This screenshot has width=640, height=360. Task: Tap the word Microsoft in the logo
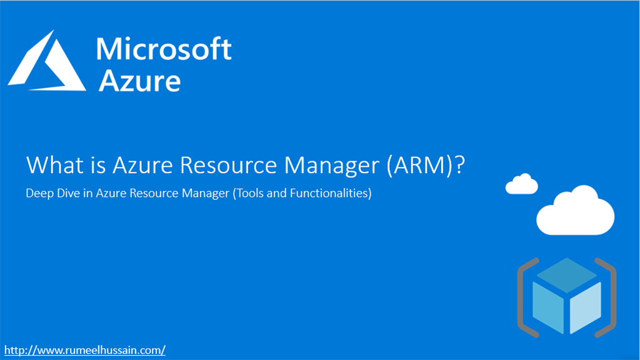[164, 49]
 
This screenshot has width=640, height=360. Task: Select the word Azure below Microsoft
[139, 81]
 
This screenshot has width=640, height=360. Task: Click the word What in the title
[53, 165]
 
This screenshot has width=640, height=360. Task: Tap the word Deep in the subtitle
[37, 194]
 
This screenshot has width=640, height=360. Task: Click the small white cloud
[521, 184]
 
